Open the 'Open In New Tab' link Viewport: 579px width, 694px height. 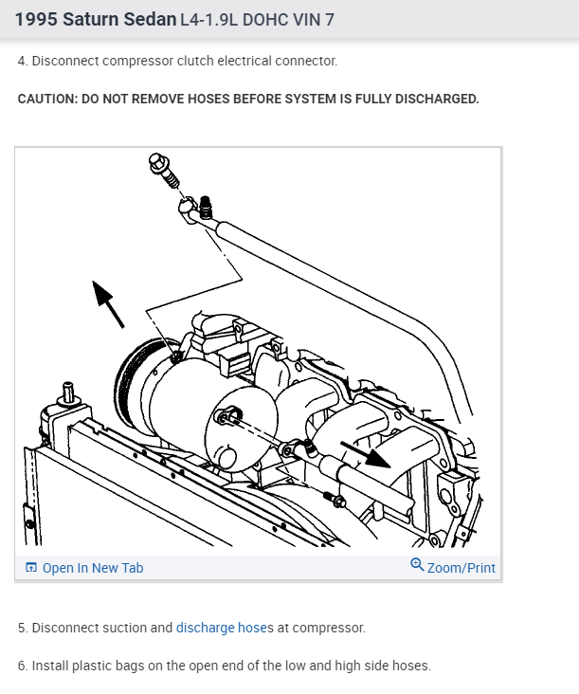tap(93, 568)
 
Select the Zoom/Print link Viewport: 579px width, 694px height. tap(461, 568)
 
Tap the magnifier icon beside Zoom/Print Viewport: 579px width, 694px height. tap(417, 565)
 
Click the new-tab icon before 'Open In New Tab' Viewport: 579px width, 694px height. tap(31, 568)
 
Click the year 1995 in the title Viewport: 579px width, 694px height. tap(36, 19)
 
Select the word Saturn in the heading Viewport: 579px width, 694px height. tap(92, 19)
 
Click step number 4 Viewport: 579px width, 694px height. tap(22, 61)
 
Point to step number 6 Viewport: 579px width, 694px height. tap(22, 666)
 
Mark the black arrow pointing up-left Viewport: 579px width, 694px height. tap(108, 302)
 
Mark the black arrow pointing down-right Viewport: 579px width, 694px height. tap(373, 457)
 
